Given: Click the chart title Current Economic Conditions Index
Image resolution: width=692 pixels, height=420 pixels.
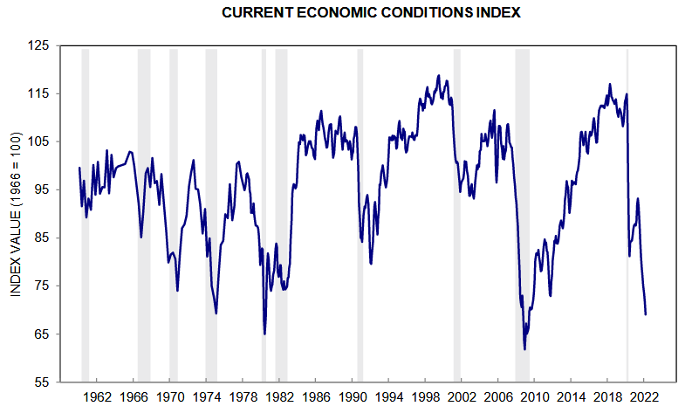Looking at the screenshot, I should point(346,13).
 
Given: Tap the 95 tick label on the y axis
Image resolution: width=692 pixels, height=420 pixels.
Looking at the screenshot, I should point(43,189).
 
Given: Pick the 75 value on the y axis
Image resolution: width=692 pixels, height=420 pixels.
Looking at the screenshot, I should point(43,286).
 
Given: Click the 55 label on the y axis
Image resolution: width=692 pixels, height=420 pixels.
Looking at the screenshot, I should point(43,382).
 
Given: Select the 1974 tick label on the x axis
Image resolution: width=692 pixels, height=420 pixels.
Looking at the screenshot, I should point(206,396).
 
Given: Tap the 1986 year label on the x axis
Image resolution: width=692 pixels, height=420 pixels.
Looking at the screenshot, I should point(316,396).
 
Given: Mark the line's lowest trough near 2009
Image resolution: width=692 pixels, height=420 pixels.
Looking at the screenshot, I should point(525,349).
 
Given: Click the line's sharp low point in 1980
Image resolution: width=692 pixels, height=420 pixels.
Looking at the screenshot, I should point(264,334).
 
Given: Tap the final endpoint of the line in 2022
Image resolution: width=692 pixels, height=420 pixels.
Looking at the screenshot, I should point(646,314).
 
